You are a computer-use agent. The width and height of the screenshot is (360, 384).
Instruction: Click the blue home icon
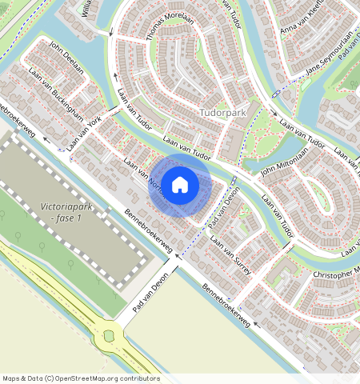click(x=180, y=185)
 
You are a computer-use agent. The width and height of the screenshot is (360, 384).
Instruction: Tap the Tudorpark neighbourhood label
click(x=224, y=114)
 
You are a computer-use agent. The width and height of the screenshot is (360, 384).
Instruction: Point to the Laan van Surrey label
click(x=230, y=256)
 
